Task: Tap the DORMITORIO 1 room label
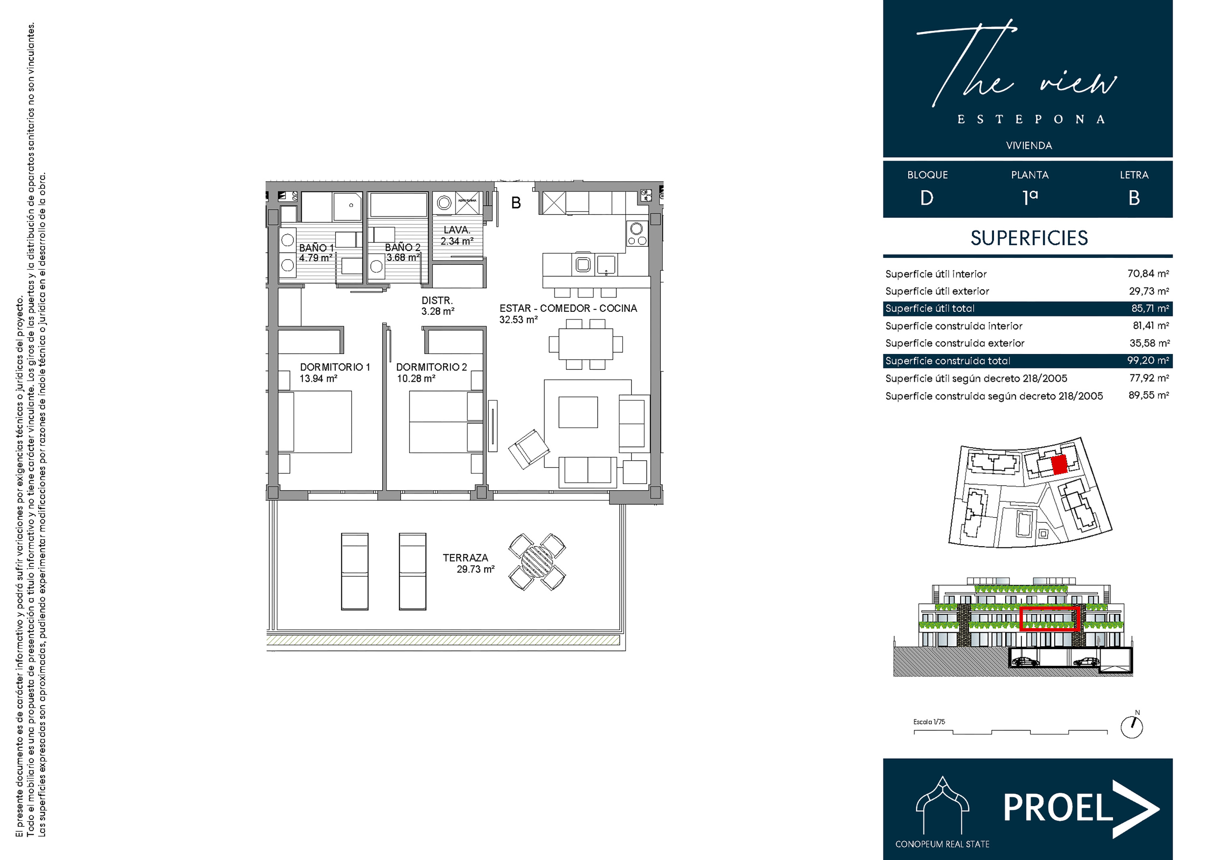coord(335,367)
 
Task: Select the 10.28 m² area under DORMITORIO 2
coord(416,378)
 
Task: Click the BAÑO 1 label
coord(316,247)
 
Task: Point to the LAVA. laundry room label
coord(456,230)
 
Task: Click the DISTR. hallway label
coord(437,300)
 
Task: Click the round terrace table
coord(537,562)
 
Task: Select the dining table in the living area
coord(586,344)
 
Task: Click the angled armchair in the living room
coord(529,449)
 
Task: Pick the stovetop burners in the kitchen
coord(637,234)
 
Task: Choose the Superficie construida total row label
coord(948,361)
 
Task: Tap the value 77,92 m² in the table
coord(1149,378)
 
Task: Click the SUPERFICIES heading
coord(1029,238)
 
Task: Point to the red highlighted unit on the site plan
coord(1059,465)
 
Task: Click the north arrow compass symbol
coord(1131,727)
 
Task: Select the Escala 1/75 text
coord(929,722)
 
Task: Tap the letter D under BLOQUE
coord(927,198)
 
